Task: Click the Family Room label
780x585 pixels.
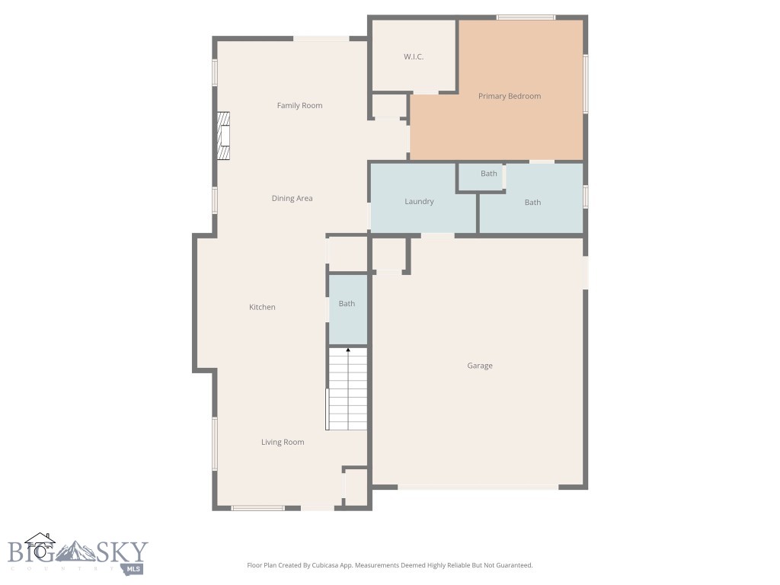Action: [299, 106]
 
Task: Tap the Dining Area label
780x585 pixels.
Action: [292, 199]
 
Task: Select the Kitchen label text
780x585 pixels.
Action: [262, 308]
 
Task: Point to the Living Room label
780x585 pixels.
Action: [283, 443]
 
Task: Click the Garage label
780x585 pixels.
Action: [480, 366]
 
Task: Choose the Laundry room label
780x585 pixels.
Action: [419, 202]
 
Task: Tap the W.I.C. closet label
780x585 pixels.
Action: [413, 57]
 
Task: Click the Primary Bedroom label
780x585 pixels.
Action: [510, 97]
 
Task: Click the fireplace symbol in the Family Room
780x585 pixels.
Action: [222, 136]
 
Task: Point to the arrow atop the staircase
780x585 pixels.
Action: [348, 350]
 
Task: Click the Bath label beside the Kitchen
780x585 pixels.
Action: [347, 304]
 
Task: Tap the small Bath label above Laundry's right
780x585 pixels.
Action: [489, 174]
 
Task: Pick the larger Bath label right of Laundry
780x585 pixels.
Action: [532, 203]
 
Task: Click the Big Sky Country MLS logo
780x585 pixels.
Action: [76, 554]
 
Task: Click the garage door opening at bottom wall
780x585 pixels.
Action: [478, 486]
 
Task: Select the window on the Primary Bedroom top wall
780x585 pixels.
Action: [526, 17]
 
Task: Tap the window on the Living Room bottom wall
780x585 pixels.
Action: [257, 507]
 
